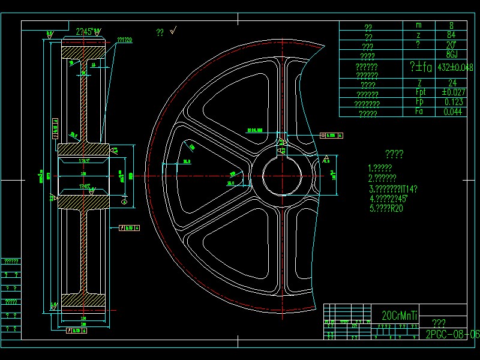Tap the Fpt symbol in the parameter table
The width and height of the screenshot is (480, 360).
click(x=420, y=92)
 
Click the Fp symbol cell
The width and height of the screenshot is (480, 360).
click(x=420, y=102)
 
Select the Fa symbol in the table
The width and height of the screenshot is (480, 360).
click(x=420, y=112)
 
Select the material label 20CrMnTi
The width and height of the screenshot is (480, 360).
click(x=400, y=315)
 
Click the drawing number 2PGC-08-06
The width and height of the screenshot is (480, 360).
click(x=452, y=334)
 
